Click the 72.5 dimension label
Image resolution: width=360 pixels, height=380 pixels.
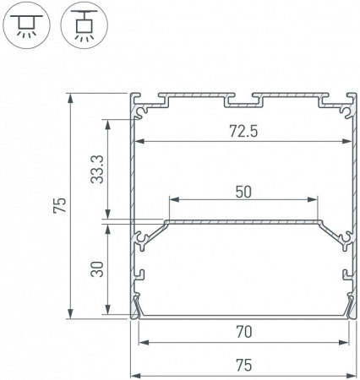click(x=243, y=133)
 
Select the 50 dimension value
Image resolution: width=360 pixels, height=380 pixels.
click(x=243, y=192)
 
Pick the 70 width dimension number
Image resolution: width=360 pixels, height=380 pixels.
click(x=243, y=334)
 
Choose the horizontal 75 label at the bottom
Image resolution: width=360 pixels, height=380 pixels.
click(x=243, y=366)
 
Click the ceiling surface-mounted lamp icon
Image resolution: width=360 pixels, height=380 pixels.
click(x=26, y=25)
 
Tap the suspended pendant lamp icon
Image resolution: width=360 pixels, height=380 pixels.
click(x=83, y=25)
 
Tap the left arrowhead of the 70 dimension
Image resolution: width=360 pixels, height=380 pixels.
click(x=142, y=343)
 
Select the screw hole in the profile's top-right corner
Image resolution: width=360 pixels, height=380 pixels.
click(x=346, y=108)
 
